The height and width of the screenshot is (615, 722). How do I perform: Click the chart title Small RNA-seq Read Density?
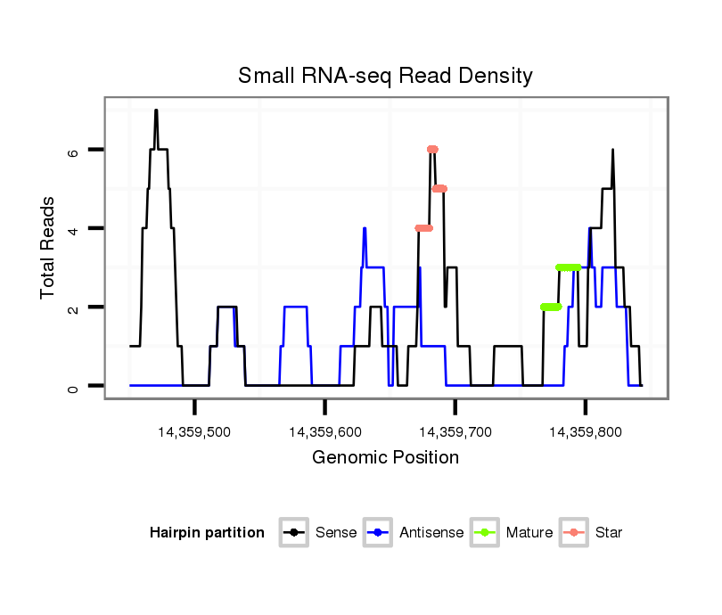click(x=385, y=76)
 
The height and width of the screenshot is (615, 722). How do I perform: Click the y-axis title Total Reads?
click(x=48, y=248)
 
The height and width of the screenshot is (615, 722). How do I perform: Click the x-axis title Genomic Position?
click(x=385, y=458)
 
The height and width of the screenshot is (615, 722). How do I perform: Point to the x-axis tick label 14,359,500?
click(x=194, y=431)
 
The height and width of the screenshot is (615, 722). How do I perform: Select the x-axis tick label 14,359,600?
click(x=325, y=431)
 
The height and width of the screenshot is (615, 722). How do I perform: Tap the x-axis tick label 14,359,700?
click(x=455, y=431)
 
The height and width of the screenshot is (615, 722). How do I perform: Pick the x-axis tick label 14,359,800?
click(x=585, y=431)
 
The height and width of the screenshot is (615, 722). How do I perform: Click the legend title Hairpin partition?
click(x=207, y=533)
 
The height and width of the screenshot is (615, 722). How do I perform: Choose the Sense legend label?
click(x=336, y=533)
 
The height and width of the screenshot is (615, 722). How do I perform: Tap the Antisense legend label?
click(x=431, y=533)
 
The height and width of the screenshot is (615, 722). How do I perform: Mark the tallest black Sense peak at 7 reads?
click(x=156, y=111)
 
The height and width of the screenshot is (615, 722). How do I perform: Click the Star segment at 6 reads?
click(x=432, y=149)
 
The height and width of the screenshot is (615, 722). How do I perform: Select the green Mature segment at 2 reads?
click(x=551, y=307)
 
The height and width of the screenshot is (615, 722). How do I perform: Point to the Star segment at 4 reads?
click(x=423, y=228)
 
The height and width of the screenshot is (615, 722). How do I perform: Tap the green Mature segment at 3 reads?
click(x=568, y=267)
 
